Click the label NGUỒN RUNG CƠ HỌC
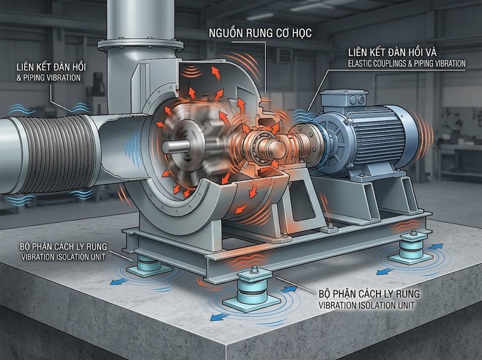coord(260,33)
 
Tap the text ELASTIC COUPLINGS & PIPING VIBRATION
coord(407,64)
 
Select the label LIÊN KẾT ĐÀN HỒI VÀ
coord(393,52)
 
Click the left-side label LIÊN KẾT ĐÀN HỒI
coord(51,67)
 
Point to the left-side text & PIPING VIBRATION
coord(49,78)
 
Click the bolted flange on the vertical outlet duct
coord(140,45)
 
